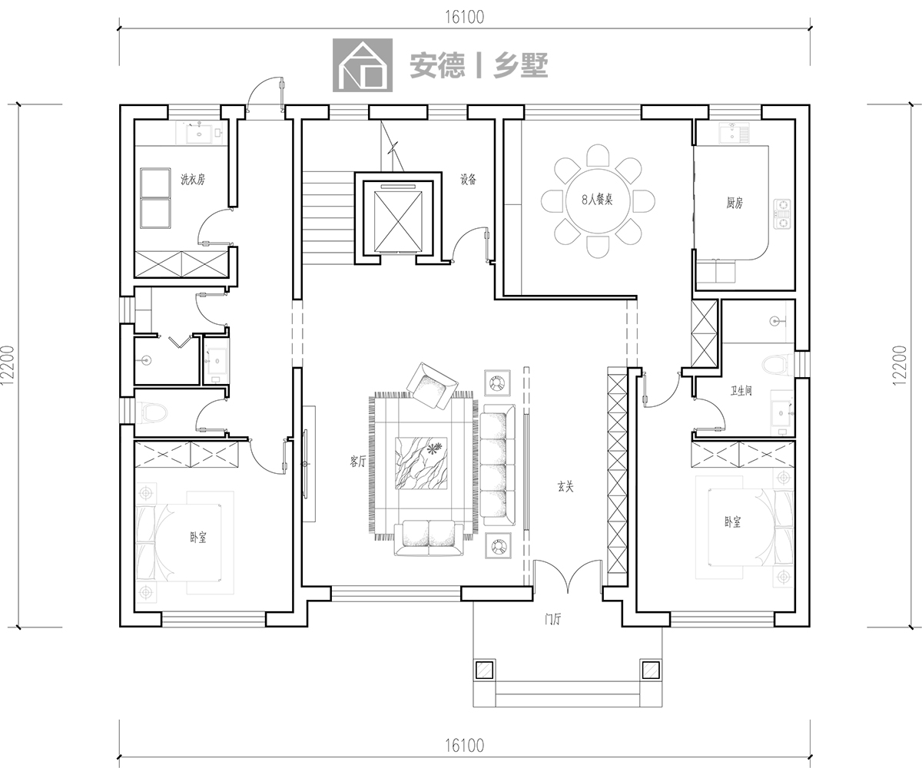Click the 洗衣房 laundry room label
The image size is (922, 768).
(193, 179)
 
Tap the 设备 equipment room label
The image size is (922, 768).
(469, 180)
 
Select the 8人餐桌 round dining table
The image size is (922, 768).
(598, 200)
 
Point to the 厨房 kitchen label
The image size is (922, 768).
(735, 203)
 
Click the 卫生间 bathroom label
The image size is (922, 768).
(741, 391)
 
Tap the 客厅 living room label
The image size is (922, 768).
(358, 462)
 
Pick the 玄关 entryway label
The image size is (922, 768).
(565, 487)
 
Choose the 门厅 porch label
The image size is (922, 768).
(553, 620)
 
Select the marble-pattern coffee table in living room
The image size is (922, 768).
(421, 463)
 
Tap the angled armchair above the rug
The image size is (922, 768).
(432, 386)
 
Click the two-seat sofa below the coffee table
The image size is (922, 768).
(429, 538)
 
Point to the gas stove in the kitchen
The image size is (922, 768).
(782, 214)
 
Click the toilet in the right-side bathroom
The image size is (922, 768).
(775, 365)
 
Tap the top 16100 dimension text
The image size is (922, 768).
(465, 18)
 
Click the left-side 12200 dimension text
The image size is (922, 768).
(8, 366)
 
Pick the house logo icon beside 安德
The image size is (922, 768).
(363, 65)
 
